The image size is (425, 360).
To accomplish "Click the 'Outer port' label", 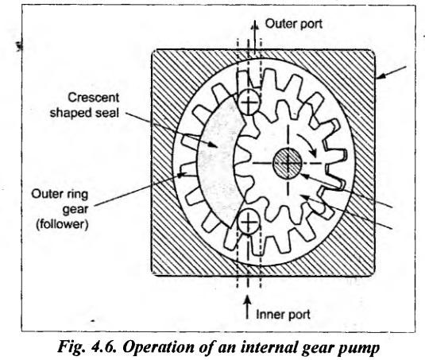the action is [294, 24].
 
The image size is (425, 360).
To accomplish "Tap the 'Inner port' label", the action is [283, 315].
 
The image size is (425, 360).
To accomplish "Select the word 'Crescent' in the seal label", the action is [93, 98].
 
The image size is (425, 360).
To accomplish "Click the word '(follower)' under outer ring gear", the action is [62, 224].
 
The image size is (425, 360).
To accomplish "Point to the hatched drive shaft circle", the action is [288, 163].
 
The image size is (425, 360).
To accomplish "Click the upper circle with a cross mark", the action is [249, 103].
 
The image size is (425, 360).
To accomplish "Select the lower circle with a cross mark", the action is [249, 223].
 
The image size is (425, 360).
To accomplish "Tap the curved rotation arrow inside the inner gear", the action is [307, 143].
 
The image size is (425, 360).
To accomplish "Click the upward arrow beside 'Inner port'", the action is [247, 307].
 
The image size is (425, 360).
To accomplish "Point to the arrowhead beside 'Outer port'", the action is [254, 25].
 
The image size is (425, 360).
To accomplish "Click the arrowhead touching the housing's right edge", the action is [381, 77].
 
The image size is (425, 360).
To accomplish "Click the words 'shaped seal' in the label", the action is [84, 113].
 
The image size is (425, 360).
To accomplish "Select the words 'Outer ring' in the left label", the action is [60, 195].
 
